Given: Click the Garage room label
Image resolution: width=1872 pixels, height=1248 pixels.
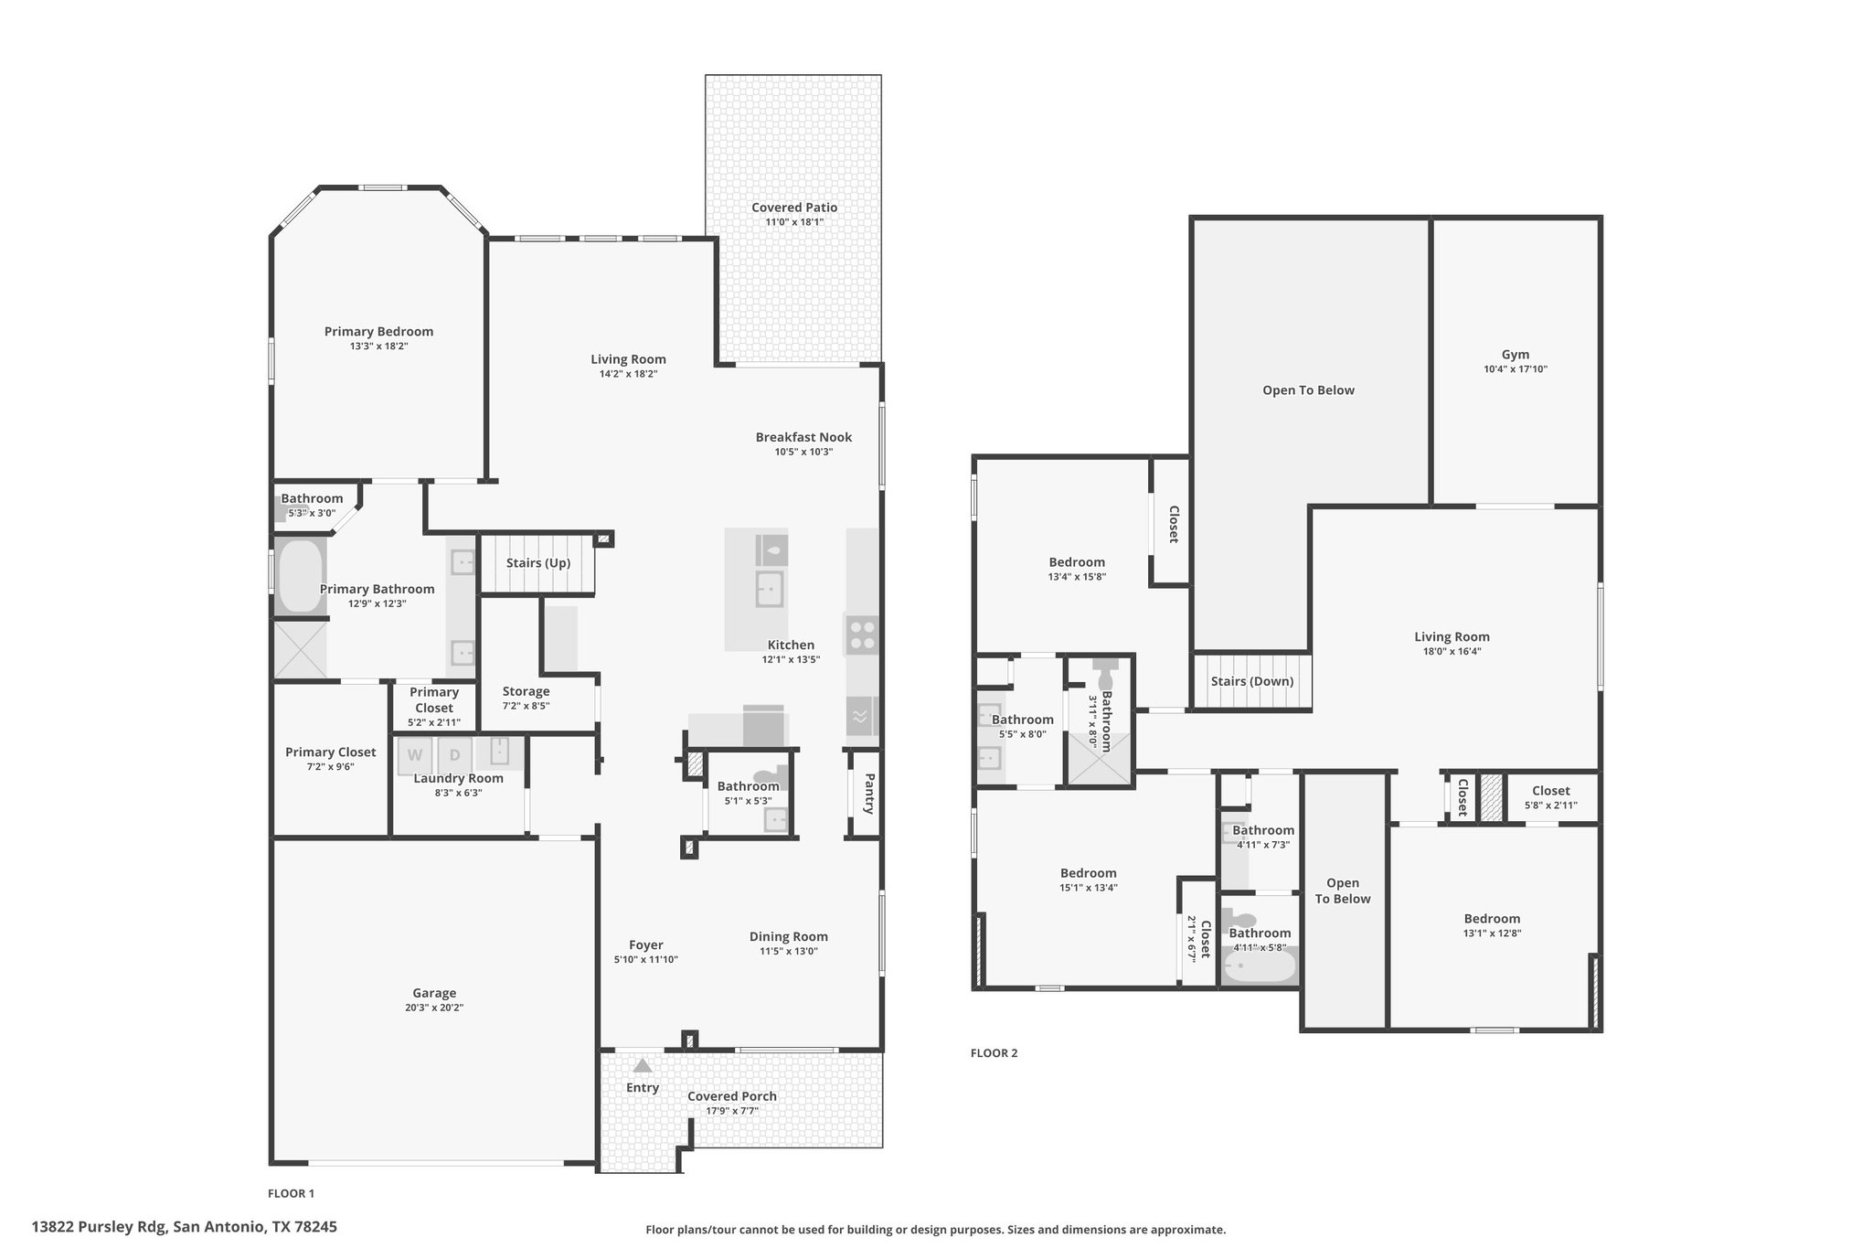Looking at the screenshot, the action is pyautogui.click(x=434, y=993).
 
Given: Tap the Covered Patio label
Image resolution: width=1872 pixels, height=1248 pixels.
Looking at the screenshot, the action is pyautogui.click(x=794, y=208).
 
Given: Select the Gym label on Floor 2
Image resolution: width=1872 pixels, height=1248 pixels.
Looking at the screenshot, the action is pyautogui.click(x=1516, y=355).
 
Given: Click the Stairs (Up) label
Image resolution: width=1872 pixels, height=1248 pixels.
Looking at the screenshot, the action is pyautogui.click(x=538, y=563).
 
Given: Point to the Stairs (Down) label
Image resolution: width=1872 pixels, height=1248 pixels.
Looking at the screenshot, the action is pyautogui.click(x=1252, y=681).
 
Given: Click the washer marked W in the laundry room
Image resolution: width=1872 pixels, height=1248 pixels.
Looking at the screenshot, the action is pyautogui.click(x=415, y=755).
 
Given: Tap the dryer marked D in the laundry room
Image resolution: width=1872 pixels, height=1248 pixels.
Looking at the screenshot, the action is pyautogui.click(x=455, y=755).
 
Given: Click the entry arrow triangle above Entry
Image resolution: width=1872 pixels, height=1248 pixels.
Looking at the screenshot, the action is pyautogui.click(x=643, y=1065).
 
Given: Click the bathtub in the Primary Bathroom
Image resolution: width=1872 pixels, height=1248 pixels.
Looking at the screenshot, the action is pyautogui.click(x=300, y=576).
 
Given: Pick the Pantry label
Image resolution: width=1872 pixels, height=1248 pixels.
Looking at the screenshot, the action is pyautogui.click(x=869, y=793).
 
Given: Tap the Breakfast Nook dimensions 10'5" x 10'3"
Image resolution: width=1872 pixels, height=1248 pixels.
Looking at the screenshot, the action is pyautogui.click(x=803, y=452).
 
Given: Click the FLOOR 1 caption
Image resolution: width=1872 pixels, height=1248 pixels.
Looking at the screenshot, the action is pyautogui.click(x=291, y=1193).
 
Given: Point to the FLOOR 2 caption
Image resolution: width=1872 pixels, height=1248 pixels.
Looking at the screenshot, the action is pyautogui.click(x=994, y=1053).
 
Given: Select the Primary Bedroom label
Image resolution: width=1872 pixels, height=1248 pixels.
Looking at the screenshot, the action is pyautogui.click(x=378, y=332).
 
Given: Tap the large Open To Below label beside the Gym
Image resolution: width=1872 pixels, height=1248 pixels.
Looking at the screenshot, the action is pyautogui.click(x=1308, y=390).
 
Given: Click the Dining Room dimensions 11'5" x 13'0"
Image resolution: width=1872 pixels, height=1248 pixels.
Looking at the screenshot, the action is pyautogui.click(x=788, y=951).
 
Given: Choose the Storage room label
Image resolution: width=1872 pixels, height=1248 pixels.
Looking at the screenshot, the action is pyautogui.click(x=526, y=691).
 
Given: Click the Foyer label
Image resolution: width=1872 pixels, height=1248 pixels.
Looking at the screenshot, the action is pyautogui.click(x=645, y=945).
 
